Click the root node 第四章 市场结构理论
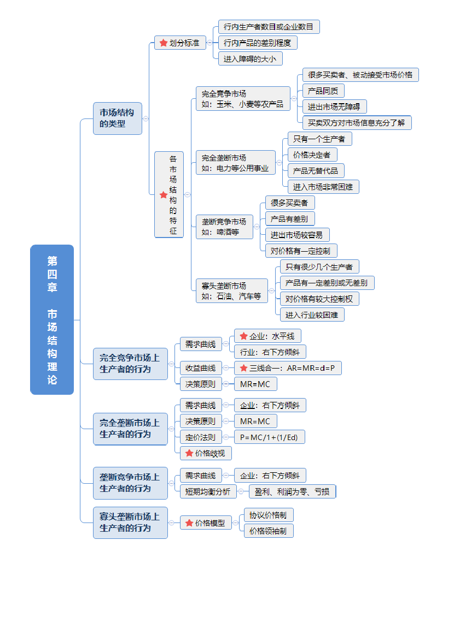[x=52, y=319]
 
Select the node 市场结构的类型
[x=117, y=118]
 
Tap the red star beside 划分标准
[x=163, y=43]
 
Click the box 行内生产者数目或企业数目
[x=269, y=27]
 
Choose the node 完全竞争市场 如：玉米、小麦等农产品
[x=243, y=99]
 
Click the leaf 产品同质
[x=323, y=91]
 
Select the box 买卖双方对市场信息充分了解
[x=357, y=123]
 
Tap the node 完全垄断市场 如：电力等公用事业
[x=235, y=163]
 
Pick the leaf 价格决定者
[x=312, y=155]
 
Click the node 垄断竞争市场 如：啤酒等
[x=224, y=227]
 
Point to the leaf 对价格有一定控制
[x=301, y=251]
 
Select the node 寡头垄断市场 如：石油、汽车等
[x=231, y=291]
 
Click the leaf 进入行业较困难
[x=312, y=315]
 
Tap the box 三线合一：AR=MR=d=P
[x=288, y=368]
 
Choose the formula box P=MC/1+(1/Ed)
[x=269, y=437]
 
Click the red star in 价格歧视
[x=189, y=453]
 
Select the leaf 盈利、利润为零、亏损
[x=292, y=491]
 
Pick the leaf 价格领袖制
[x=268, y=531]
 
